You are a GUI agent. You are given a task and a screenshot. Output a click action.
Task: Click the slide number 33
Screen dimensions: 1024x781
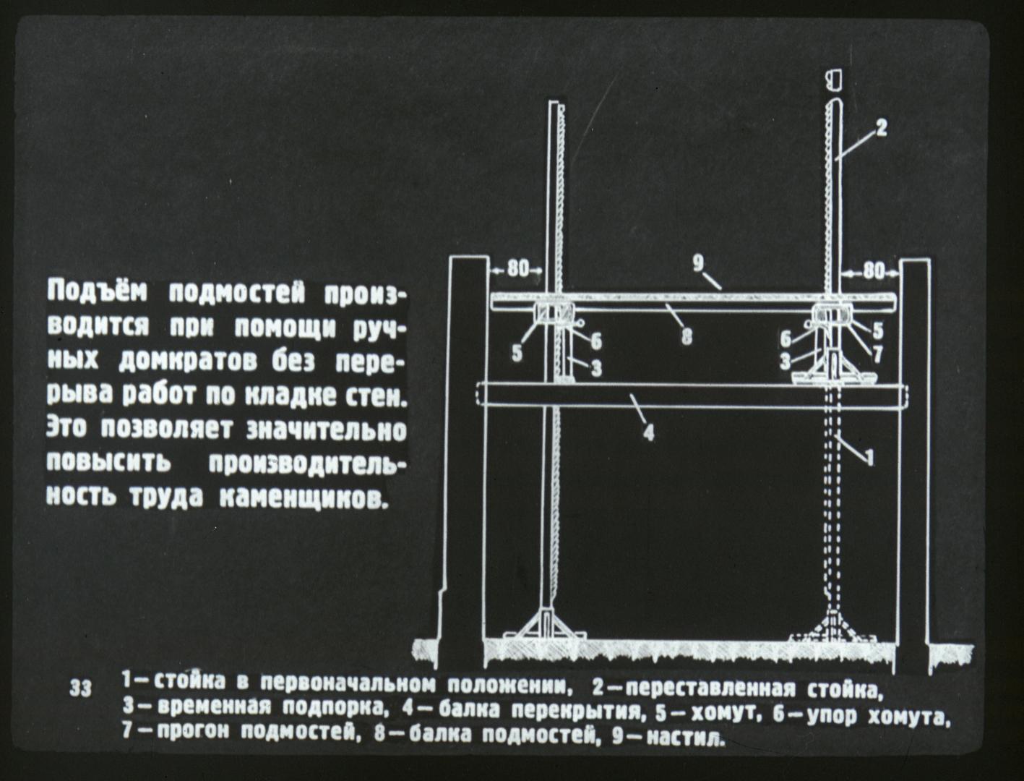pos(81,689)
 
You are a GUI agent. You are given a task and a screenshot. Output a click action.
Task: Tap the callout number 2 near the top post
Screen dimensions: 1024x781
pos(880,127)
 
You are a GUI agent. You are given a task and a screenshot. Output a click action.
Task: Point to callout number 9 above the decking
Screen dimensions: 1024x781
pos(698,265)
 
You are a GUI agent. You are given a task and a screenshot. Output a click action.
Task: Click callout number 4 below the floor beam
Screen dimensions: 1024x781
pos(648,432)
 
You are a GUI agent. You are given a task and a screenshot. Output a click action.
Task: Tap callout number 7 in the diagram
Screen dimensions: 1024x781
pos(877,356)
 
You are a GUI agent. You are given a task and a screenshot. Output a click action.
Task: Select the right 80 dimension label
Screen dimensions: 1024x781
pos(874,270)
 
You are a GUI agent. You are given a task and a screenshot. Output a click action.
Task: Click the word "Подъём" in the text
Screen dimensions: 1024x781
pos(97,293)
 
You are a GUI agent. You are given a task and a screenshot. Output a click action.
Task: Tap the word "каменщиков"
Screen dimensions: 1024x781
pos(304,500)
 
